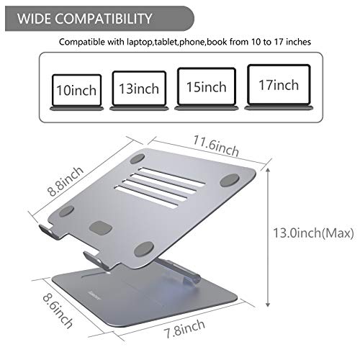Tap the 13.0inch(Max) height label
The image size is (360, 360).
pyautogui.click(x=314, y=233)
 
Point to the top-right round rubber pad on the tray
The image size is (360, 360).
pyautogui.click(x=231, y=178)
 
